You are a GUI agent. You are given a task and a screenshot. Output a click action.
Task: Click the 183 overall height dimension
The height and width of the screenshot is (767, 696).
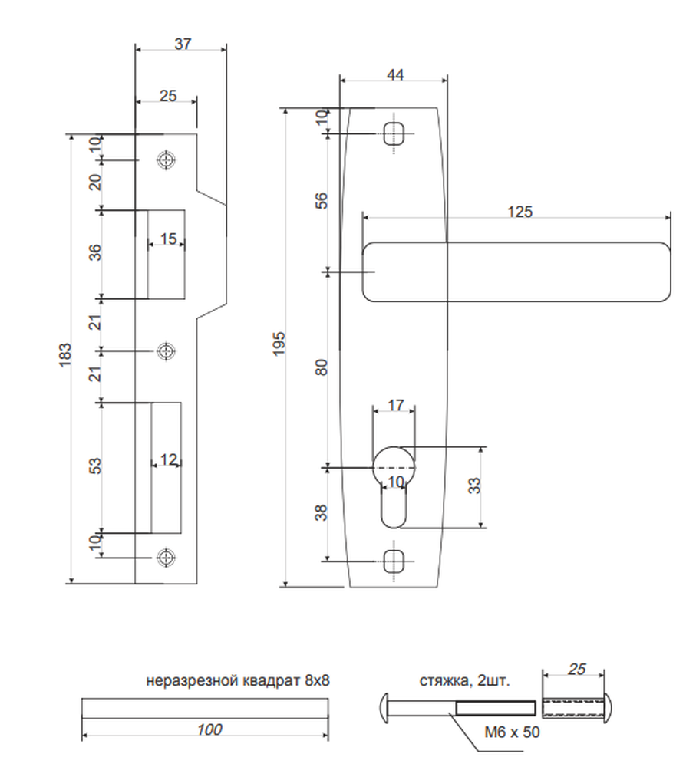click(65, 355)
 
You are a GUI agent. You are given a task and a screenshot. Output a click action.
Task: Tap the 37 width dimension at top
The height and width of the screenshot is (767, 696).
click(183, 44)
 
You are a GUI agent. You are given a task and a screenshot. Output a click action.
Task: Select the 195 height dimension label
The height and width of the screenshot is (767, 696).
click(279, 344)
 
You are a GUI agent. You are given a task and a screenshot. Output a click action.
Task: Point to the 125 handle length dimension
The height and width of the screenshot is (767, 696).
click(520, 212)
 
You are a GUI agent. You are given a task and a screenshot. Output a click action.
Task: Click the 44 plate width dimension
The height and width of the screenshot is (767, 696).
click(395, 74)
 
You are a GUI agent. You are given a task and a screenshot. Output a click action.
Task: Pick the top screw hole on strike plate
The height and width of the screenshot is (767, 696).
click(167, 160)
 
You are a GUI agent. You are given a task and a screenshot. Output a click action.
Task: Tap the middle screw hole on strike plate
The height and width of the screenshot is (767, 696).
click(167, 351)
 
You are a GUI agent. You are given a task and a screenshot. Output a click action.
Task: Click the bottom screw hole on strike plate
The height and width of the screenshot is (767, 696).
click(167, 557)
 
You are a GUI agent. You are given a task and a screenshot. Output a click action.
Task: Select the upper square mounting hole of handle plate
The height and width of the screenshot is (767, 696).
click(394, 133)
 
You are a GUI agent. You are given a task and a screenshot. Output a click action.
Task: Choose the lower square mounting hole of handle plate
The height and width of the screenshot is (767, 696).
click(394, 561)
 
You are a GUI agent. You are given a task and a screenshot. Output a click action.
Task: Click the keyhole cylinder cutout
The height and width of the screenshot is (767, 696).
click(394, 487)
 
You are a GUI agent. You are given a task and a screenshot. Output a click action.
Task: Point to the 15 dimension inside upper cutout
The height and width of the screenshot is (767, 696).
click(168, 239)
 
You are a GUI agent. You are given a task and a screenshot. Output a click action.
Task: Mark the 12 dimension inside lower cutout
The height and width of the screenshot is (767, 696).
click(167, 459)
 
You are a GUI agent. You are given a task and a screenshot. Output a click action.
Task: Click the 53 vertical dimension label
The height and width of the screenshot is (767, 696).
click(96, 466)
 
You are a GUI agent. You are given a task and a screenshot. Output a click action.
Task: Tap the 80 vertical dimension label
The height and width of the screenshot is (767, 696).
click(321, 367)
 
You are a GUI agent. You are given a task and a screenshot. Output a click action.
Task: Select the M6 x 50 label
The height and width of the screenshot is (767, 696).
click(512, 732)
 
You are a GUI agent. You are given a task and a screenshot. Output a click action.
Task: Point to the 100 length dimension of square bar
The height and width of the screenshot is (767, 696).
click(209, 729)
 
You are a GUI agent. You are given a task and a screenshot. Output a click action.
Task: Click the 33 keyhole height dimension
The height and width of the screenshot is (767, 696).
click(474, 486)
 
